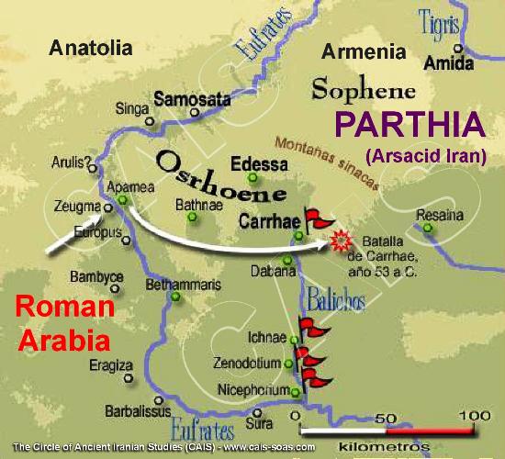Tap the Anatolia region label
(92, 47)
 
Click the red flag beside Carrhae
(318, 217)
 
